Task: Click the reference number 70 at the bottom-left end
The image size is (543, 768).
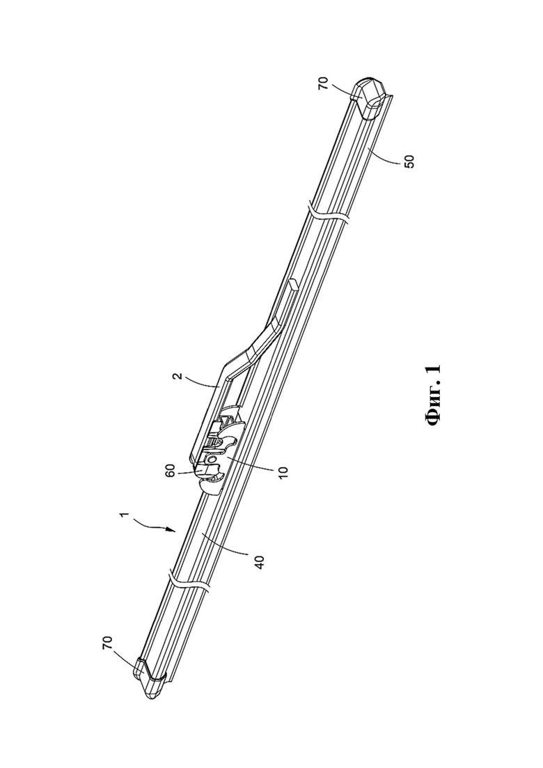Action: [107, 643]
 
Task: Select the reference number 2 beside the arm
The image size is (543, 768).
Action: [179, 376]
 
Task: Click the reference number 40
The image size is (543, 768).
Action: [260, 561]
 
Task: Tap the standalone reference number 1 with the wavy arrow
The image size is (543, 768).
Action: [125, 515]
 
